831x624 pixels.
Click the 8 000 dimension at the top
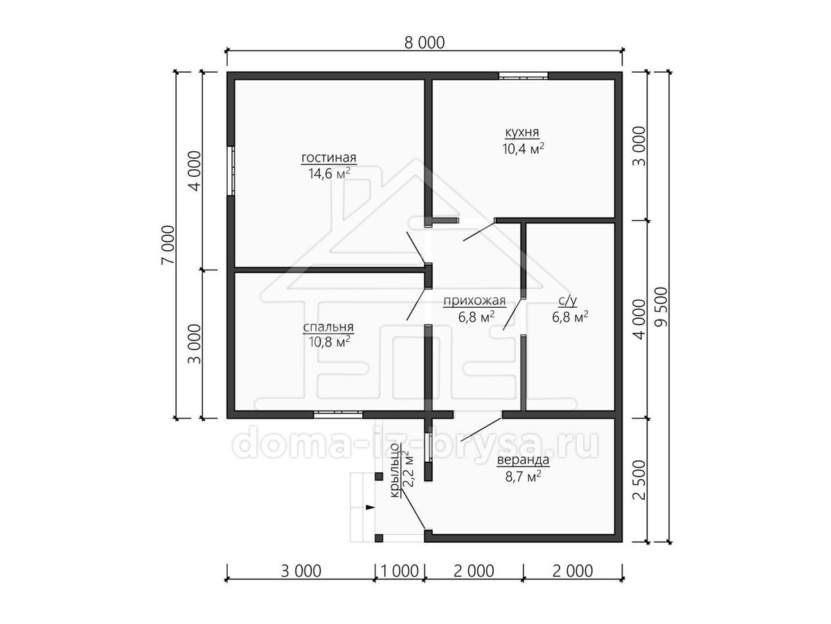coord(425,43)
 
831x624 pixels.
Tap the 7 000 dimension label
coord(168,245)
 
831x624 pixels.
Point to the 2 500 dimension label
coord(639,480)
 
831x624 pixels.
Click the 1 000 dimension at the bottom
coord(400,571)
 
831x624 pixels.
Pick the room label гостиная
coord(329,157)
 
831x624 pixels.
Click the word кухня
coord(522,132)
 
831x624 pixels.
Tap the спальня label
coord(328,327)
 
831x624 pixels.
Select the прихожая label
coord(474,301)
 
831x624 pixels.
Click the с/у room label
coord(568,301)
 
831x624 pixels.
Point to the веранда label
coord(523,460)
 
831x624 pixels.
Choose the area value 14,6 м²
coord(329,173)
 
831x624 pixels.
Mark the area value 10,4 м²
coord(524,148)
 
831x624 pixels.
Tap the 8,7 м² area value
coord(523,476)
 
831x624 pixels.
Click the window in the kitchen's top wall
coord(524,76)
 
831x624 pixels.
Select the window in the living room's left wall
coord(231,171)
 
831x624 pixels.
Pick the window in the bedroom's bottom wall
coord(338,415)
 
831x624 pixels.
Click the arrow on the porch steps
coord(370,508)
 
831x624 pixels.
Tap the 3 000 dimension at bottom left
coord(301,571)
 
